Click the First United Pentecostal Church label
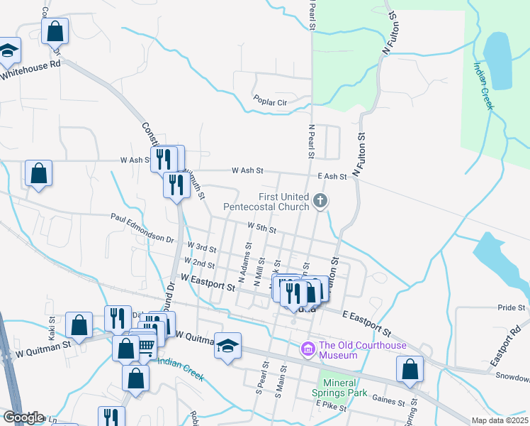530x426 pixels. pos(266,202)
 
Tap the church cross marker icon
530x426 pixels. pos(320,202)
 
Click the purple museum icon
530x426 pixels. pos(308,349)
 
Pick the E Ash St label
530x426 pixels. pos(332,176)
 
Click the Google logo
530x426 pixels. pos(23,417)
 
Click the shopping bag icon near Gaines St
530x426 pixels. pos(410,370)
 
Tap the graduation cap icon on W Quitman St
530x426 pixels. pos(228,346)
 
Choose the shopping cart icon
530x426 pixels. pos(145,346)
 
